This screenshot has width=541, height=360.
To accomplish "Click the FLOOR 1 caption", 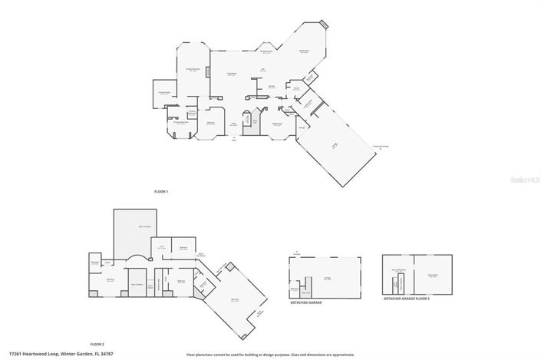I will (x=161, y=189).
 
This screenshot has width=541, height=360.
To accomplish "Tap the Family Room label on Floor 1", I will (x=305, y=51).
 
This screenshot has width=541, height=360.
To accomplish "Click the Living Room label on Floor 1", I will (x=229, y=74).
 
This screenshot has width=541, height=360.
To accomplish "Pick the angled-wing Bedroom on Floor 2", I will (x=235, y=299).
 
